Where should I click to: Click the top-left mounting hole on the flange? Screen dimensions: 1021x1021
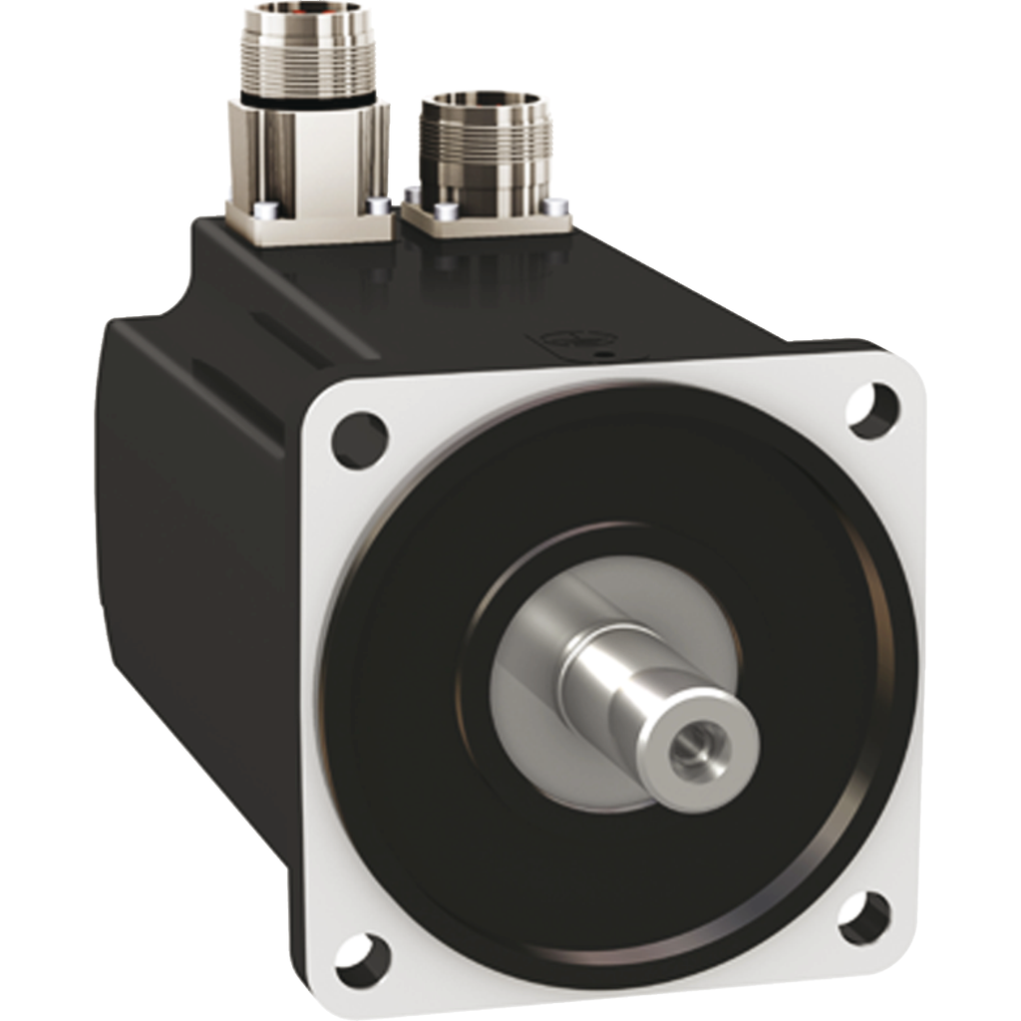[x=359, y=440]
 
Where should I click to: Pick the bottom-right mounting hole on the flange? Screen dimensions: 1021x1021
[x=863, y=918]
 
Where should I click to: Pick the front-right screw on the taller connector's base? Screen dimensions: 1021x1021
[x=376, y=206]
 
